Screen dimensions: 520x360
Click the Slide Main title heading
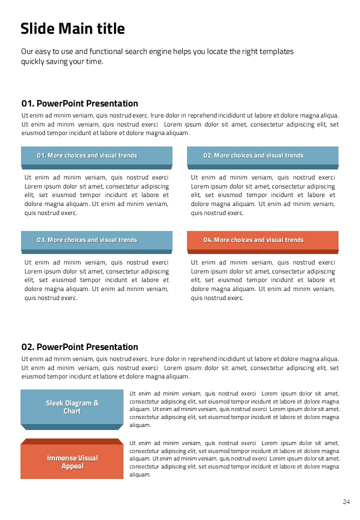click(x=72, y=29)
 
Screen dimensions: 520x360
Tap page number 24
click(x=346, y=501)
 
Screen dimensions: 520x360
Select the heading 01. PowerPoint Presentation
click(x=79, y=103)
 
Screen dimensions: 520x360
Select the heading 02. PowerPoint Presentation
click(x=79, y=347)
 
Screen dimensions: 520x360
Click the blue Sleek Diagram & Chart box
click(x=72, y=407)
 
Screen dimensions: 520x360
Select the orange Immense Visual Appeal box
click(x=72, y=462)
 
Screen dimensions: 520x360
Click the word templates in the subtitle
click(x=276, y=51)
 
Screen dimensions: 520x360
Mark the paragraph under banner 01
click(x=96, y=195)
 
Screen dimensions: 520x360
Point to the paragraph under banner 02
click(x=263, y=195)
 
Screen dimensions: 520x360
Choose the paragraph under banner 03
click(x=96, y=280)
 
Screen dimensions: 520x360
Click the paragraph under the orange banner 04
click(x=263, y=280)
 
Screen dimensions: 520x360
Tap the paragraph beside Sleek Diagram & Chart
click(x=234, y=409)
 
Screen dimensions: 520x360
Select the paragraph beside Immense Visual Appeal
click(x=234, y=458)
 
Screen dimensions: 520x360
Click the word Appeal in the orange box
click(x=72, y=466)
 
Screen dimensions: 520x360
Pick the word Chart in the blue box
click(x=72, y=411)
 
